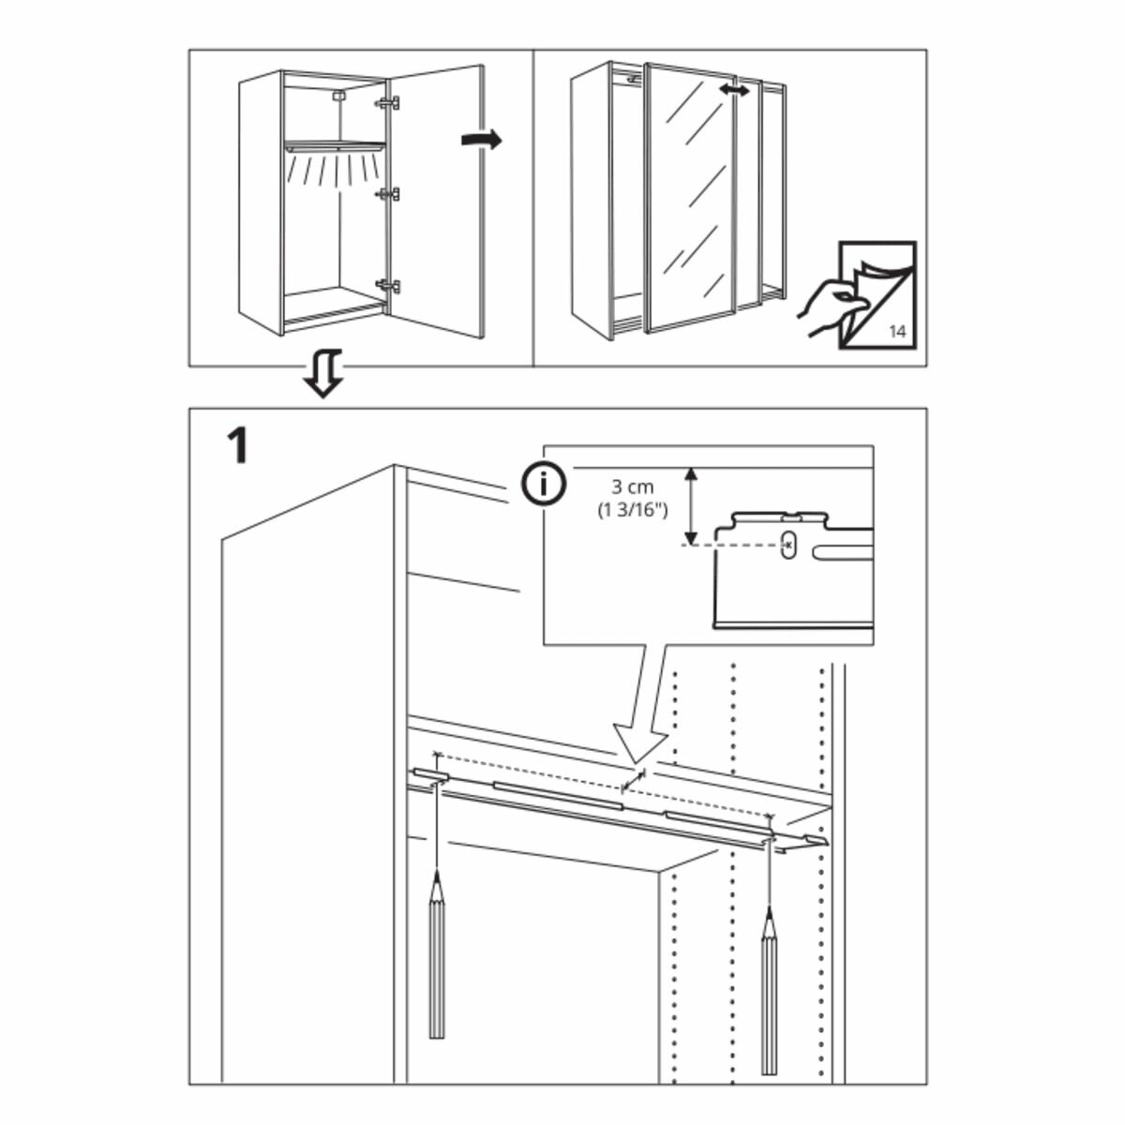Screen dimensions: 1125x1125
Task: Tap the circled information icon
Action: tap(544, 485)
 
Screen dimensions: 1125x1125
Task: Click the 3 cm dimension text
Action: tap(632, 487)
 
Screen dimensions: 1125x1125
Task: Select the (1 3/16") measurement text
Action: tap(632, 511)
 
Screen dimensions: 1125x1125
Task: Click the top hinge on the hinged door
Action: tap(388, 102)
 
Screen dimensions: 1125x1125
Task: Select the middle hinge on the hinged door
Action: tap(388, 194)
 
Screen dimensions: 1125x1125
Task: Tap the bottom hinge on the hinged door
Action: tap(388, 285)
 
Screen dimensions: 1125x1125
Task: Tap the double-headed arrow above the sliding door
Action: tap(734, 90)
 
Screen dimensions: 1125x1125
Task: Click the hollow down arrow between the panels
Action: tap(323, 374)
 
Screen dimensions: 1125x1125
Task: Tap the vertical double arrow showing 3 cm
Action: tap(691, 506)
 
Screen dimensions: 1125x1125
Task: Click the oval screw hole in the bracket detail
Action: tap(788, 544)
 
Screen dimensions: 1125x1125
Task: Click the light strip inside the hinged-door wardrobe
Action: tap(336, 147)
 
